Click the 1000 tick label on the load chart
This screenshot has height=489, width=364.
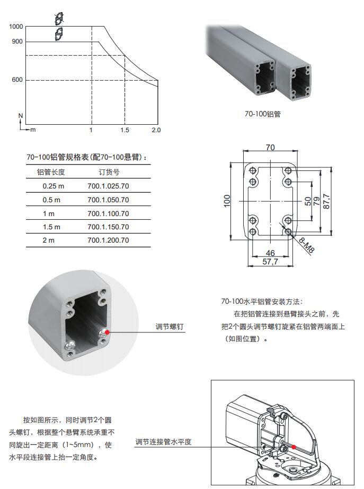16,27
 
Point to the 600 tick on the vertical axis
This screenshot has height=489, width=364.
17,80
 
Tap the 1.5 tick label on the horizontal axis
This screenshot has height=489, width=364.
125,130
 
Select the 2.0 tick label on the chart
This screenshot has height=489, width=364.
156,130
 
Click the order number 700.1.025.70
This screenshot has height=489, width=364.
108,186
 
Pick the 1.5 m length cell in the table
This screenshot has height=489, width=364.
51,227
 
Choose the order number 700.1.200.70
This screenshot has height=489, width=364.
108,241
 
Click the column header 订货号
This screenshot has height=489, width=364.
109,172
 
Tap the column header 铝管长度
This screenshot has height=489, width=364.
51,172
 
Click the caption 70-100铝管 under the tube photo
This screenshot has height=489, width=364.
263,114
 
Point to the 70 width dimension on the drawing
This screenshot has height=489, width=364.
270,147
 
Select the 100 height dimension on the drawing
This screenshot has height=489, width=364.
227,201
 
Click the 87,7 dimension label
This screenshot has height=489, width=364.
326,201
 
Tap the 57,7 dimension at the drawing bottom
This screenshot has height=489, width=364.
270,262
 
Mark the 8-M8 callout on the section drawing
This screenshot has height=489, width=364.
307,245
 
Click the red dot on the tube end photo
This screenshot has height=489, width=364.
107,332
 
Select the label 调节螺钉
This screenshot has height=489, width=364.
170,327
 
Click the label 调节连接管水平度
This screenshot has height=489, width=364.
163,442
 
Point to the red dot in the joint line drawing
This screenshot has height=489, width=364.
294,447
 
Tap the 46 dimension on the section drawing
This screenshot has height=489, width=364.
270,253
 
